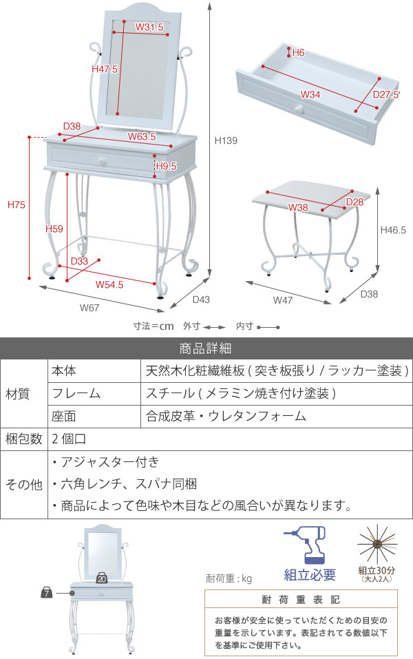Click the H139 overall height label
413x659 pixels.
[226, 140]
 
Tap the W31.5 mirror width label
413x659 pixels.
[149, 28]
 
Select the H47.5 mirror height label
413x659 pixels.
[105, 69]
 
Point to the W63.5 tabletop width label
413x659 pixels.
[141, 136]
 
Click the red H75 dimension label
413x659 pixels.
[16, 205]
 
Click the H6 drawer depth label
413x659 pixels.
[298, 52]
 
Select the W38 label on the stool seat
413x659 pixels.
[298, 207]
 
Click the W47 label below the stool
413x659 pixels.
[283, 300]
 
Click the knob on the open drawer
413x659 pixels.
[298, 109]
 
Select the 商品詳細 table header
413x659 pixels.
[206, 348]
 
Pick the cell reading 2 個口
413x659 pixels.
[67, 439]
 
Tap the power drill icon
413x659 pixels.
[304, 547]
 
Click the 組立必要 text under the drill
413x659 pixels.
[310, 575]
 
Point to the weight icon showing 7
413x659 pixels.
[47, 592]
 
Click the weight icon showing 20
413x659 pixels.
[101, 578]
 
